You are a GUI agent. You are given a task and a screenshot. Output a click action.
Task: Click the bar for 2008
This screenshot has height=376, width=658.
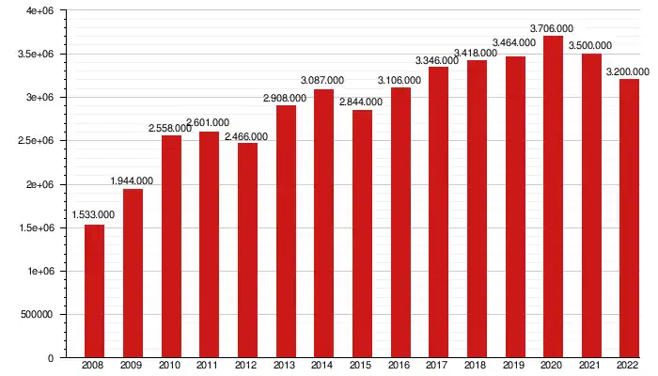[94, 291]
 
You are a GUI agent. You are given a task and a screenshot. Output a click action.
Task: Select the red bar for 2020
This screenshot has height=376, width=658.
[553, 197]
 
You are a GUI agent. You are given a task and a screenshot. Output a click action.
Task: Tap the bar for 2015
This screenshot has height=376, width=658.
[362, 234]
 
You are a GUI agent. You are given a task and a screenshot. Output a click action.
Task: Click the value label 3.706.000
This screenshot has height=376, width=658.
[553, 28]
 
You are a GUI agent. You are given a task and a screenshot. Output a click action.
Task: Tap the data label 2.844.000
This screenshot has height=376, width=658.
[362, 102]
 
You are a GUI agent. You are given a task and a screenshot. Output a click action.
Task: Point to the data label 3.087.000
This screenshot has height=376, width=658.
[323, 81]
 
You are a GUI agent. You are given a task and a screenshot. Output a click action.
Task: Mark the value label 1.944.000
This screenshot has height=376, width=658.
[133, 180]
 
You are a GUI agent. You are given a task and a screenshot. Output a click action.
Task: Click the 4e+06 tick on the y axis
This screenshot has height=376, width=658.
[39, 10]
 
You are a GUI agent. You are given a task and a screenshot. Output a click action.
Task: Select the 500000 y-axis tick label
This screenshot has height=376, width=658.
[36, 315]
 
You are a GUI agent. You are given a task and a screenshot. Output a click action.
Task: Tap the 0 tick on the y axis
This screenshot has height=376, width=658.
[51, 358]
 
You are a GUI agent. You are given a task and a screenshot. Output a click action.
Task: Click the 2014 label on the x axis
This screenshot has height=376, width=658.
[323, 365]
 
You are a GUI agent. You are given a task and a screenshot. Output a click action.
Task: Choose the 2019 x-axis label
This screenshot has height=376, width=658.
[514, 365]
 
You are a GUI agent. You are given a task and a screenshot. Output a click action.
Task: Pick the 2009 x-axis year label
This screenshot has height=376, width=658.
[133, 365]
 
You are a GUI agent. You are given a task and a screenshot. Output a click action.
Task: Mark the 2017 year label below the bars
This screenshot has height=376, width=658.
[438, 365]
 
